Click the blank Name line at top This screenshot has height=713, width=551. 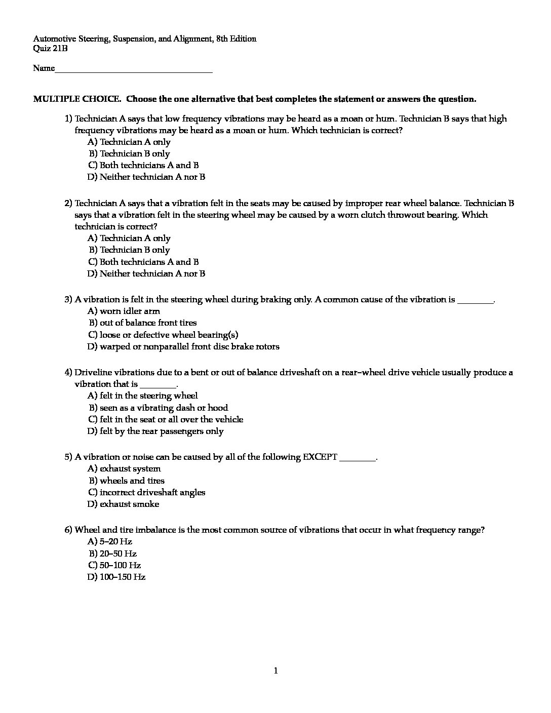(133, 69)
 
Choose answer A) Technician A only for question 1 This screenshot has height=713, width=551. (129, 142)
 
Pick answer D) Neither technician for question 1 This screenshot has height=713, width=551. (146, 177)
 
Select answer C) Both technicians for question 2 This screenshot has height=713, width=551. (143, 262)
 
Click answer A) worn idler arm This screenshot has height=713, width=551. (124, 311)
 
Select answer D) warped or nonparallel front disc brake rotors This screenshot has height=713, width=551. (183, 347)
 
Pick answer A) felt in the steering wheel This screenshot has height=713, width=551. (142, 396)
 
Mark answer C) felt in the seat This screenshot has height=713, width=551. (165, 420)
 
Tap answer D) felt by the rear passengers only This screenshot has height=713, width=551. (155, 431)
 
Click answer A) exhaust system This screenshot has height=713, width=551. (124, 469)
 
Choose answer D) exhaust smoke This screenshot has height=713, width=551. (123, 504)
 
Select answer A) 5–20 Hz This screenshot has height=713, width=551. (110, 542)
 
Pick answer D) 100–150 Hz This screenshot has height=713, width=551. (116, 577)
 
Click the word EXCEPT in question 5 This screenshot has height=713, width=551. (320, 457)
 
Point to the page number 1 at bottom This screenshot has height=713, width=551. (275, 671)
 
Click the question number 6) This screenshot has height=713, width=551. (68, 530)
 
